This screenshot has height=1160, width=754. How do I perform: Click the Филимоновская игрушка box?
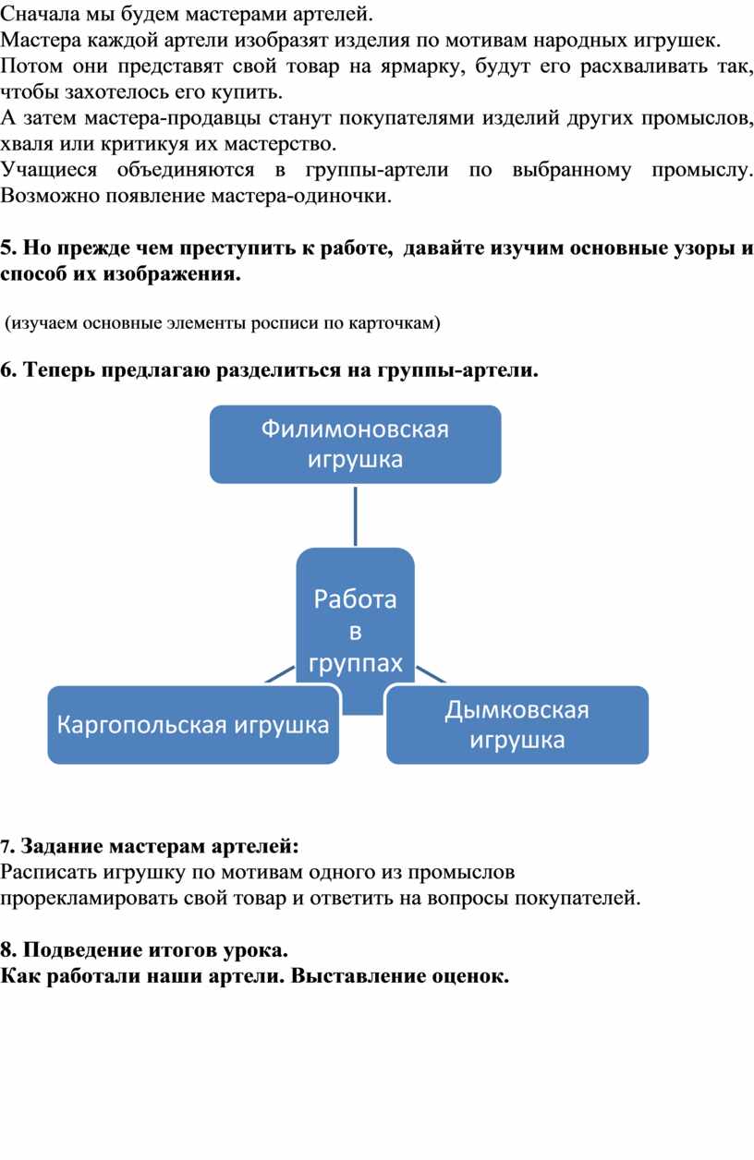pyautogui.click(x=356, y=444)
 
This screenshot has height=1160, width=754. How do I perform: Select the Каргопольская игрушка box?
pyautogui.click(x=193, y=724)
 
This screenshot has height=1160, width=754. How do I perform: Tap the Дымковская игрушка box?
pyautogui.click(x=517, y=724)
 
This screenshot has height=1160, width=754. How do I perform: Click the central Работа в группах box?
pyautogui.click(x=356, y=632)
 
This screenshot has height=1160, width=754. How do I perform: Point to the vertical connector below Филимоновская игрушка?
pyautogui.click(x=356, y=516)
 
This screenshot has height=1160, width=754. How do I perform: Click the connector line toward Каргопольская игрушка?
pyautogui.click(x=280, y=674)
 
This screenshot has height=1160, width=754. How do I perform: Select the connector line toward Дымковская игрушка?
pyautogui.click(x=431, y=674)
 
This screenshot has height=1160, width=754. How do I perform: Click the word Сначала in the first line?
pyautogui.click(x=40, y=14)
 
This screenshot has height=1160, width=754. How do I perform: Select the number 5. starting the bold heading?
pyautogui.click(x=8, y=248)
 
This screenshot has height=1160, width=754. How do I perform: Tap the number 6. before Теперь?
pyautogui.click(x=8, y=370)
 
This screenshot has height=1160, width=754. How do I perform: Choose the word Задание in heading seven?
pyautogui.click(x=62, y=847)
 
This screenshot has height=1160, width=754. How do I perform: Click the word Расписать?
pyautogui.click(x=49, y=872)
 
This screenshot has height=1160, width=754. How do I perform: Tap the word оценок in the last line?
pyautogui.click(x=470, y=976)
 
